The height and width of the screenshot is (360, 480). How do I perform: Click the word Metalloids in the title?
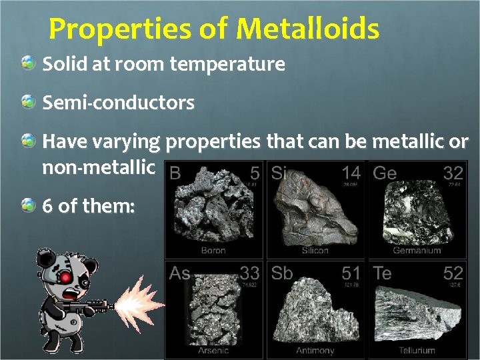click(308, 29)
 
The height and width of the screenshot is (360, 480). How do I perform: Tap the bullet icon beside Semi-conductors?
click(28, 102)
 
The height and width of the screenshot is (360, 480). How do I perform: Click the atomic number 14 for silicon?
click(351, 173)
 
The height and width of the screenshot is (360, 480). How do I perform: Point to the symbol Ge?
click(385, 173)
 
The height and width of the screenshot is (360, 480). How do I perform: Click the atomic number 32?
click(453, 173)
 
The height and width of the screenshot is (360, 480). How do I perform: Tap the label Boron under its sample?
click(213, 251)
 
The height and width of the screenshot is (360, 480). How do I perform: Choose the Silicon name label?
click(315, 251)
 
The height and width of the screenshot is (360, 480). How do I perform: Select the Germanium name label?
click(417, 251)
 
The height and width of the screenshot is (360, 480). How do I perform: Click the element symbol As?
click(180, 273)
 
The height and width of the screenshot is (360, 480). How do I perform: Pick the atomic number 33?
click(249, 273)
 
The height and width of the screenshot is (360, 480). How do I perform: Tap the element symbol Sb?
click(282, 273)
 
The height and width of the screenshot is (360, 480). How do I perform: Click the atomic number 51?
click(351, 273)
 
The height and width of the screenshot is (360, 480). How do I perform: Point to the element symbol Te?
click(383, 273)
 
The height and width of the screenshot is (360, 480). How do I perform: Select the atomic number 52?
click(453, 273)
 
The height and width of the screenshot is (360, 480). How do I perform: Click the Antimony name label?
click(315, 350)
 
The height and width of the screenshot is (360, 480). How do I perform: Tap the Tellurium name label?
click(417, 350)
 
